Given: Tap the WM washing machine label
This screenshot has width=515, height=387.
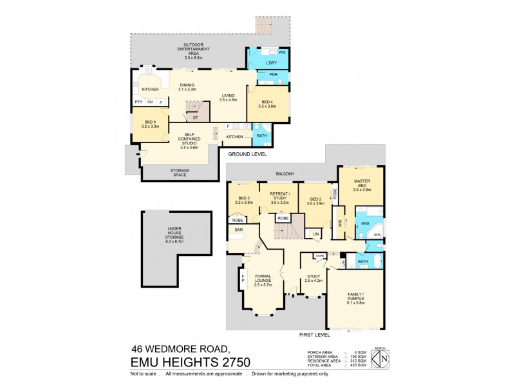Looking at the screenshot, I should [282, 52].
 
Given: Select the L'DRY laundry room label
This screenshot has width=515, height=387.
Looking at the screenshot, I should [271, 63].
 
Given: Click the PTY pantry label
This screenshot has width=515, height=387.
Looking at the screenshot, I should [138, 102].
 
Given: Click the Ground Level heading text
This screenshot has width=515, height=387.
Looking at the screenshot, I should [247, 155].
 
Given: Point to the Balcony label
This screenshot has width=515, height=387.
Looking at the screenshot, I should [285, 174].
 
